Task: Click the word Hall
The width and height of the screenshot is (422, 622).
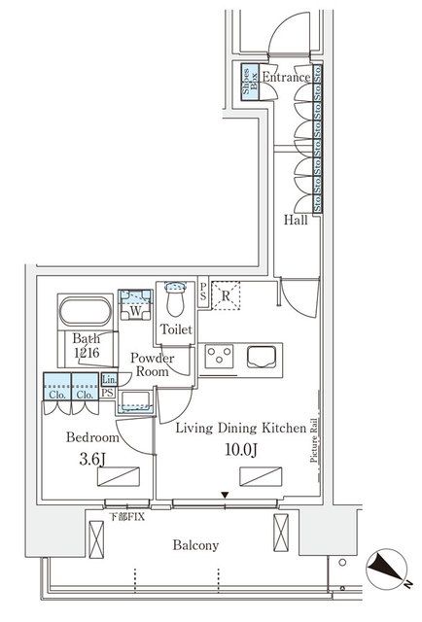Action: (297, 221)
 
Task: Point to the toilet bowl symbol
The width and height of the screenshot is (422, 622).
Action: (175, 294)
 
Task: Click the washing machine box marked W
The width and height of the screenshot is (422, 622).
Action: (131, 309)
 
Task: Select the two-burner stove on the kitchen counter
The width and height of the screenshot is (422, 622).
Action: (220, 356)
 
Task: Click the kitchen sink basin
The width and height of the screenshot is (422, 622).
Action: (263, 357)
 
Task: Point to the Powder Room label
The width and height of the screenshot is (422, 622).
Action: (153, 364)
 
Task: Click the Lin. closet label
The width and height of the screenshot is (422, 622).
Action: (109, 379)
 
